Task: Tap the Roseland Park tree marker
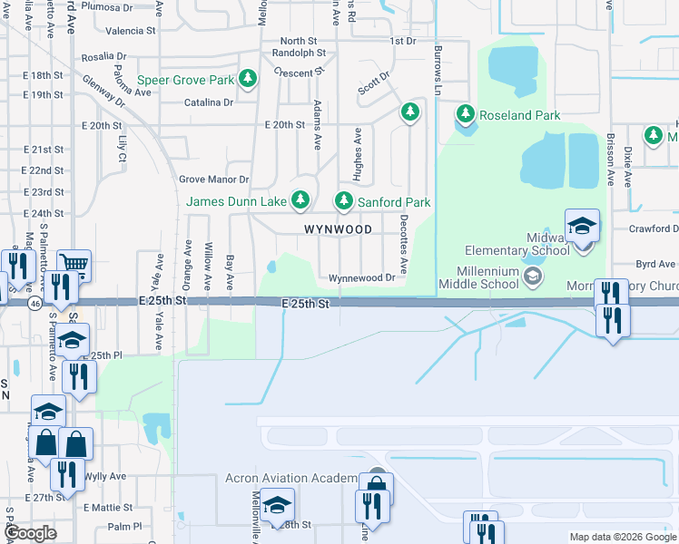(466, 114)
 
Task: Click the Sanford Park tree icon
(344, 201)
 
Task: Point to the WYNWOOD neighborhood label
(338, 229)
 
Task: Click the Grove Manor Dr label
(214, 180)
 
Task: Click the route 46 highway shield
(34, 302)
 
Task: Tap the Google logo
(31, 533)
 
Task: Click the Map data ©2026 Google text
(623, 537)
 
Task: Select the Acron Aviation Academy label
(290, 479)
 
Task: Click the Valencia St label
(131, 31)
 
